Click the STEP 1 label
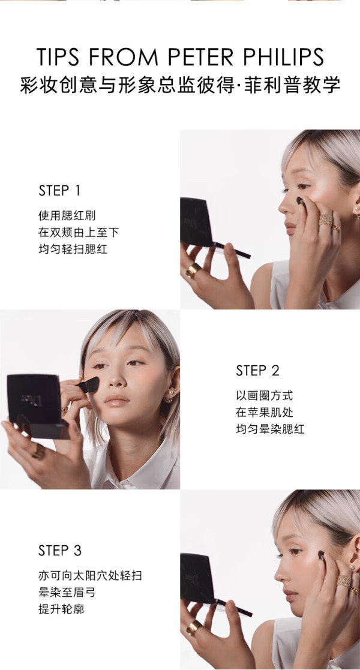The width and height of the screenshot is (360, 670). (x=59, y=191)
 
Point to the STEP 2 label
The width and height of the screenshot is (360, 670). (x=257, y=371)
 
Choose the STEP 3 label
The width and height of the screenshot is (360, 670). (x=60, y=551)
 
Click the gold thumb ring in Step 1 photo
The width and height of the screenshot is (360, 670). (x=193, y=270)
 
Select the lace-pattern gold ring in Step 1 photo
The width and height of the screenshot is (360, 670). (x=325, y=220)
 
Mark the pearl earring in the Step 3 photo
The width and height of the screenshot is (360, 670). (x=353, y=567)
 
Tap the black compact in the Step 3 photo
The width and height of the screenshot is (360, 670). (x=197, y=578)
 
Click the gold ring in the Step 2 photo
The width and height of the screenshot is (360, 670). (x=38, y=452)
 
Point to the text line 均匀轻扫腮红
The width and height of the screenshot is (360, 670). (x=73, y=249)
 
